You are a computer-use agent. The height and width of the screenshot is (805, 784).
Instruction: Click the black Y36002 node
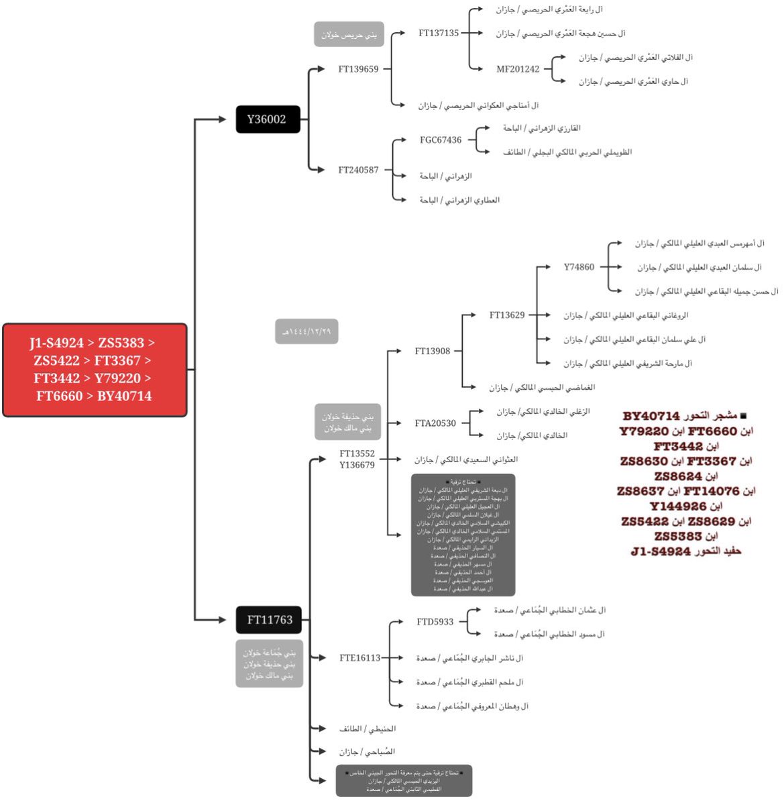pyautogui.click(x=267, y=119)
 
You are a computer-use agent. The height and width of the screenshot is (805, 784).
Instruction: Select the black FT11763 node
pyautogui.click(x=269, y=620)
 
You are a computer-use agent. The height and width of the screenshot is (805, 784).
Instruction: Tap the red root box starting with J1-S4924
pyautogui.click(x=95, y=370)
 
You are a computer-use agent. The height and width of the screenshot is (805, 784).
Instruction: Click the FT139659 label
pyautogui.click(x=358, y=69)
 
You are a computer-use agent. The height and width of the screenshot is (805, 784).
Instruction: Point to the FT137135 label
pyautogui.click(x=439, y=33)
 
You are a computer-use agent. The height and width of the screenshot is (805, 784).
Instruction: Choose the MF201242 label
pyautogui.click(x=518, y=69)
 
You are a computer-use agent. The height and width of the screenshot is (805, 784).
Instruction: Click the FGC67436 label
pyautogui.click(x=441, y=140)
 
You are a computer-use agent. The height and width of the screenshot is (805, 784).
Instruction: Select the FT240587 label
pyautogui.click(x=358, y=170)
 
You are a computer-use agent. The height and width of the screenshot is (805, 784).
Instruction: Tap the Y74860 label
pyautogui.click(x=579, y=267)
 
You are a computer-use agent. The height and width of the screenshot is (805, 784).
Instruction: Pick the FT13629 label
pyautogui.click(x=507, y=315)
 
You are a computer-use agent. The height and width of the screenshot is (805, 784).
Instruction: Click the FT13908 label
pyautogui.click(x=433, y=351)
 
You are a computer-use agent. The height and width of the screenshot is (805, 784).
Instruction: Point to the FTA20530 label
pyautogui.click(x=435, y=423)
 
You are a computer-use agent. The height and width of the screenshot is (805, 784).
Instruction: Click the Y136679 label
pyautogui.click(x=357, y=465)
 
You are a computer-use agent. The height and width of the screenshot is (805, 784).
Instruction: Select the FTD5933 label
pyautogui.click(x=435, y=622)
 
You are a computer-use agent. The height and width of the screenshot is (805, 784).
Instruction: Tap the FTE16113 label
pyautogui.click(x=359, y=658)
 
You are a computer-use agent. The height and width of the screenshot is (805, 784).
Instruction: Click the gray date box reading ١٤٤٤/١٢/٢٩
pyautogui.click(x=306, y=331)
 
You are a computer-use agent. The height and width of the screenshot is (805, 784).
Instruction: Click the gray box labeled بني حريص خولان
pyautogui.click(x=349, y=34)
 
